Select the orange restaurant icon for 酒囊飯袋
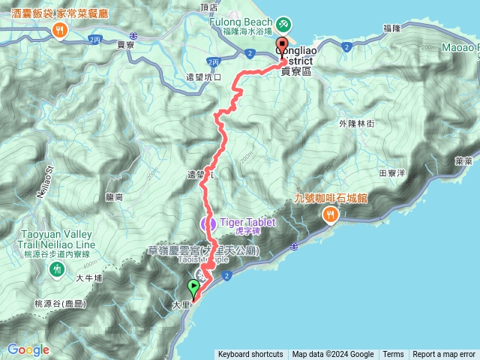point(61,31)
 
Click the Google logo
point(28,349)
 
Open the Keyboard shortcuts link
point(250,355)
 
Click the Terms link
point(393,355)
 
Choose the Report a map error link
point(445,355)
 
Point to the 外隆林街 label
point(356,123)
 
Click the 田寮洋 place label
point(392,172)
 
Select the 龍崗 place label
point(114,196)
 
